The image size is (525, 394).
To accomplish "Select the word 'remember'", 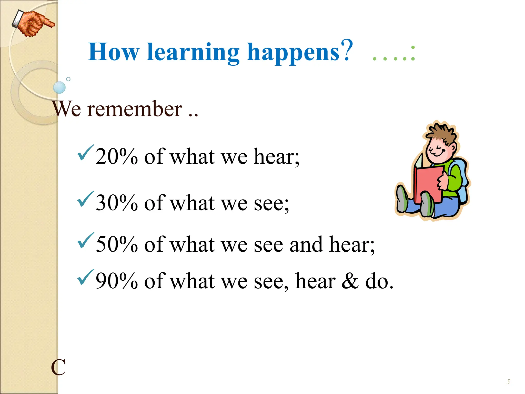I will pyautogui.click(x=135, y=109).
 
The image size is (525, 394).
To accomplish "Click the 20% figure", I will pyautogui.click(x=117, y=156).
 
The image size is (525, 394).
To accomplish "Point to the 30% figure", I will pyautogui.click(x=117, y=203).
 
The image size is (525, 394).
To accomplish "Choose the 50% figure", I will pyautogui.click(x=117, y=244).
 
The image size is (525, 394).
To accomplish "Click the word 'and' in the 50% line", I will pyautogui.click(x=306, y=244).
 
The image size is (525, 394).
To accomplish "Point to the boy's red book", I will pyautogui.click(x=428, y=183).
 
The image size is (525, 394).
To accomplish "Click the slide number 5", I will pyautogui.click(x=508, y=382).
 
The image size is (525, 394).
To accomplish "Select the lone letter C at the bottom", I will pyautogui.click(x=58, y=367).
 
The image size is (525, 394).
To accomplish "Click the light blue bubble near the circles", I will pyautogui.click(x=59, y=87).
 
